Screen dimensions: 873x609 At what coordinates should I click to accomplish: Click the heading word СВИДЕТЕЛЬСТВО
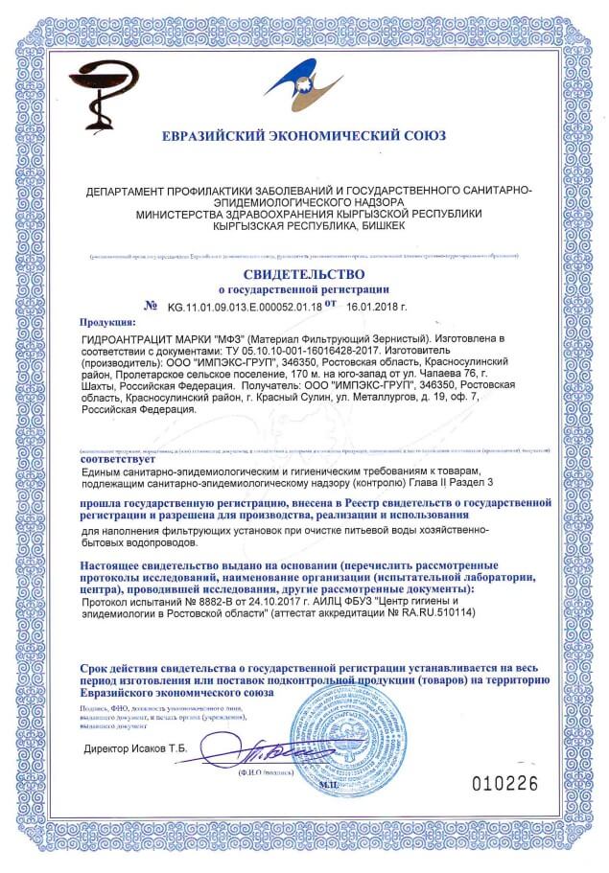pyautogui.click(x=304, y=273)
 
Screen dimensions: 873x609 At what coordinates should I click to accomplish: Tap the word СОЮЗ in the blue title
pyautogui.click(x=425, y=135)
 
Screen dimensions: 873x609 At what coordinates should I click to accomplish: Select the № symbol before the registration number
pyautogui.click(x=150, y=307)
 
